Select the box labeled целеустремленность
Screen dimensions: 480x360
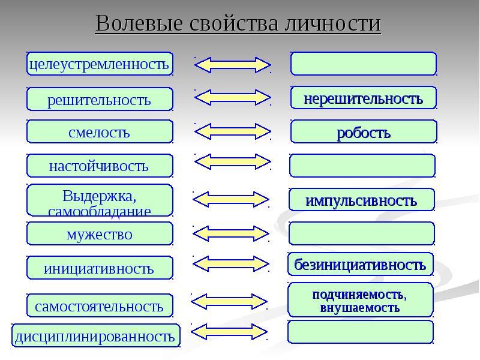pos(100,64)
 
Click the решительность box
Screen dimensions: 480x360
pos(100,99)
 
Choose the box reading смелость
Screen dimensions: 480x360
pos(100,131)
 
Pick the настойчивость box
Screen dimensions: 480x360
pos(100,166)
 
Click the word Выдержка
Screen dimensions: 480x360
pos(99,196)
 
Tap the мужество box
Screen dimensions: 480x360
pos(100,233)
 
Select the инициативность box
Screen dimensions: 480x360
pos(100,268)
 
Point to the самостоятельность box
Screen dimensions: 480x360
pos(100,305)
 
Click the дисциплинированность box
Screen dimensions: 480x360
pos(96,335)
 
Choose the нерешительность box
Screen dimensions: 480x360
pos(364,98)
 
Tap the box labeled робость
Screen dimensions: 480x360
pos(364,131)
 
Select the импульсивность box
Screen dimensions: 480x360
pos(362,200)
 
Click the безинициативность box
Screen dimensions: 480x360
pos(361,264)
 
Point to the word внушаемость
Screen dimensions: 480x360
pos(359,308)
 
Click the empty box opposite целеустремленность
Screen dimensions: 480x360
pos(364,64)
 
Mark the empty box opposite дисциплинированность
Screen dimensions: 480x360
pos(361,332)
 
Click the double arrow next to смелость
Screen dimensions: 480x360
pos(233,131)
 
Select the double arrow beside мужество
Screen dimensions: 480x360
pos(231,234)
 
